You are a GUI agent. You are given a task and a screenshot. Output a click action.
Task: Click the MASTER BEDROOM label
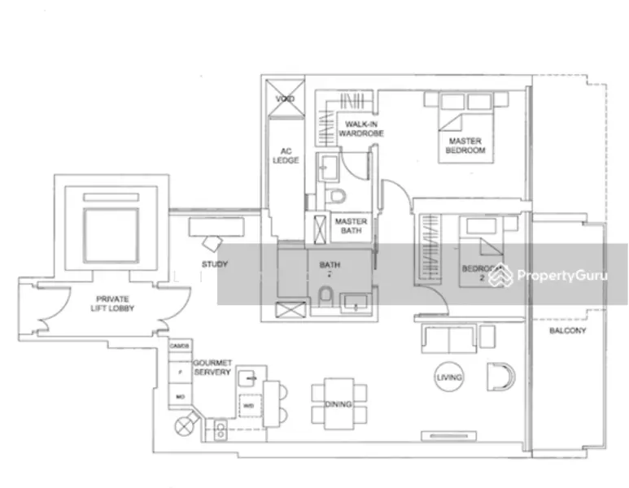click(465, 146)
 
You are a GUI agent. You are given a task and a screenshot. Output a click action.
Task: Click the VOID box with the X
click(284, 99)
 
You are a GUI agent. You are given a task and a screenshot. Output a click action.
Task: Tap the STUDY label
click(214, 264)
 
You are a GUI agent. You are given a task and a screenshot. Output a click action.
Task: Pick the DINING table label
click(338, 404)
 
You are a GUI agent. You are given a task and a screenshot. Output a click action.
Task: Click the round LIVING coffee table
click(448, 377)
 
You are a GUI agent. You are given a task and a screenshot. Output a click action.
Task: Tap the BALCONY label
click(567, 332)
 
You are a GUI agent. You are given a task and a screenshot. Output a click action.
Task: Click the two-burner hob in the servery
click(220, 431)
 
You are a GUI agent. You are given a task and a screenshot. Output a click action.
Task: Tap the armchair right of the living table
click(497, 377)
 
